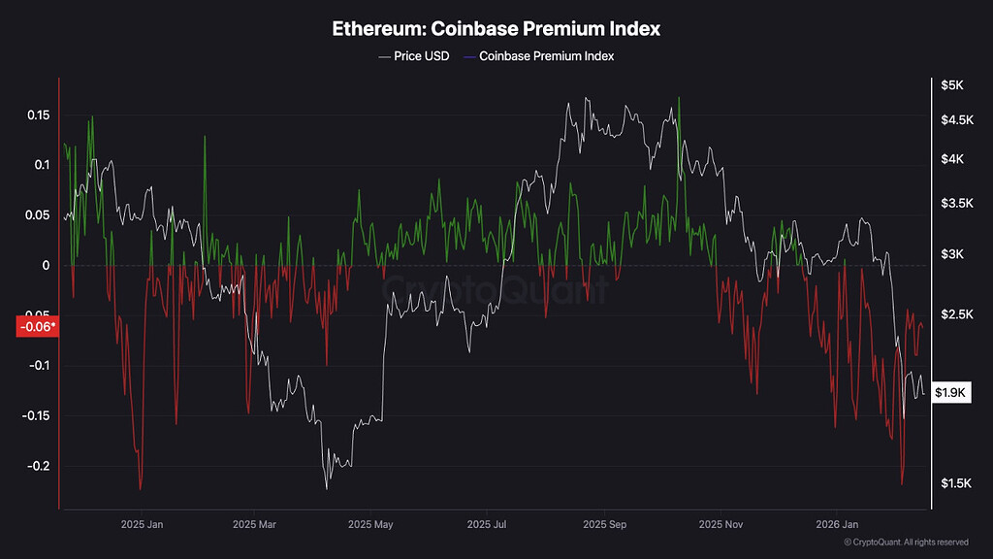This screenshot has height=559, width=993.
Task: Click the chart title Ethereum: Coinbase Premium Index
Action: pos(496,28)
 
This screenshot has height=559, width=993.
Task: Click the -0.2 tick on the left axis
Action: pos(37,467)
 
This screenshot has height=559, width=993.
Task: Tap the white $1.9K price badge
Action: pos(950,392)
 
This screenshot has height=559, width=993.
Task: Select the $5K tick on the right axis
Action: pos(951,85)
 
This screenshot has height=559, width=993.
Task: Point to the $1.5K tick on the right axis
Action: pos(954,483)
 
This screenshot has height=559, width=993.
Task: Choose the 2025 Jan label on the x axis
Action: pos(142,525)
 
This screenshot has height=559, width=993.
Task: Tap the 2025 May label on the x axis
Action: pos(374,525)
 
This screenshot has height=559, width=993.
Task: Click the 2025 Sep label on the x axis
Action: pos(603,525)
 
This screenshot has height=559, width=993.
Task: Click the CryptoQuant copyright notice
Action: pos(906,542)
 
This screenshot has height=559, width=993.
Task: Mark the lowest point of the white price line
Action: pos(326,488)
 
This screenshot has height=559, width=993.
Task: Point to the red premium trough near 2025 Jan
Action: pos(141,489)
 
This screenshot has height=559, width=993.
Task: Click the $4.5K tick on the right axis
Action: pos(954,120)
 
